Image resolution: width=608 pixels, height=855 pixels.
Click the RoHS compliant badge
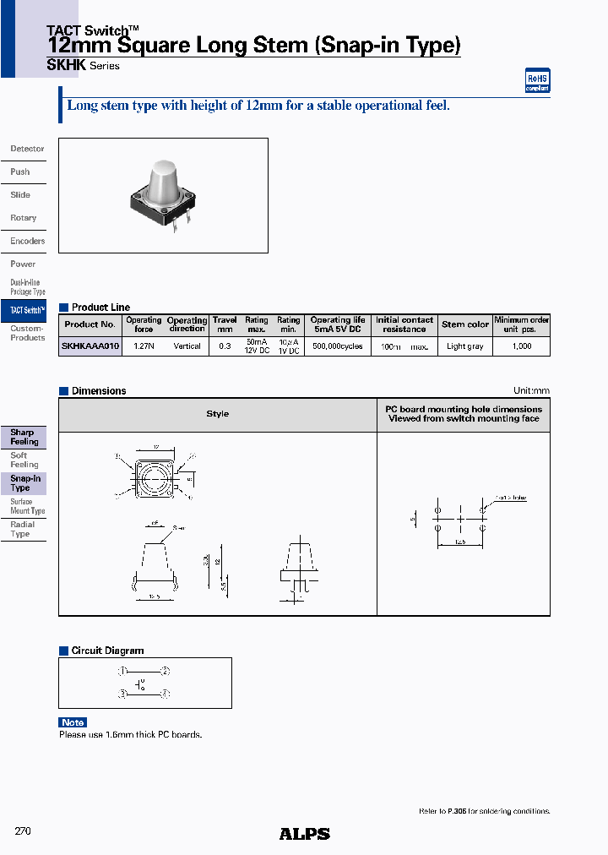[x=538, y=80]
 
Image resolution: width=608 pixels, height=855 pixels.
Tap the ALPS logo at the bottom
[x=304, y=834]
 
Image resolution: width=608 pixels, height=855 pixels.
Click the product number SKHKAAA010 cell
[x=91, y=346]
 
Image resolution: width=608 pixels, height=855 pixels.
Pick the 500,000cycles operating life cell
[x=337, y=346]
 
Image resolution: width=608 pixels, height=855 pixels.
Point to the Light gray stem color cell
[x=465, y=346]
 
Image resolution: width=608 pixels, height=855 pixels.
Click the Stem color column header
[x=465, y=324]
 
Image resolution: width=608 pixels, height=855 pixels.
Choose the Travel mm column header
[x=225, y=324]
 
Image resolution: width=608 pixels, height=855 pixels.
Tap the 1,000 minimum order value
[x=522, y=346]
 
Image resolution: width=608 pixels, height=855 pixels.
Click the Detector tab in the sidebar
[x=27, y=149]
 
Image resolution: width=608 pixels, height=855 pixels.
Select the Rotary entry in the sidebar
[x=24, y=218]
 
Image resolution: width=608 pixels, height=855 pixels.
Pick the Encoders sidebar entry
[x=27, y=241]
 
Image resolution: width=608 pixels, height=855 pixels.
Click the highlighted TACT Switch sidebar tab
[x=27, y=311]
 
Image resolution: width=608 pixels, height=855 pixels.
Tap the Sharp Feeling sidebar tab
[x=24, y=437]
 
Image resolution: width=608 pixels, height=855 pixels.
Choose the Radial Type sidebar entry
[x=22, y=529]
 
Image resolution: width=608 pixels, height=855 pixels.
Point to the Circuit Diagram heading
[x=107, y=651]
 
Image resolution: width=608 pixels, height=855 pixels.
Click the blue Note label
[x=73, y=722]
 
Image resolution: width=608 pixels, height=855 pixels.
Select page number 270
[x=23, y=831]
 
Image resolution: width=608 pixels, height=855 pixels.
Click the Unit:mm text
[x=531, y=391]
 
